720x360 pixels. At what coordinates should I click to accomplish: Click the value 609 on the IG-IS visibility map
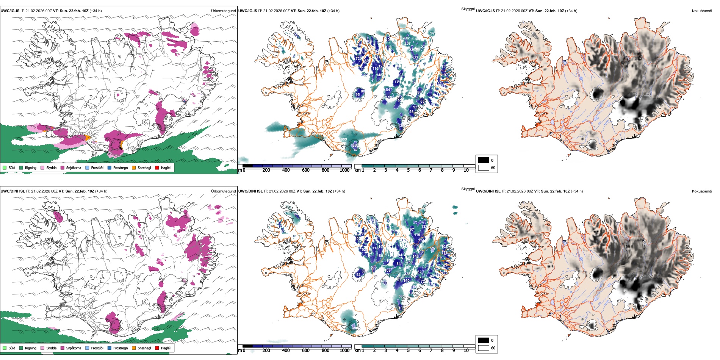pos(343,139)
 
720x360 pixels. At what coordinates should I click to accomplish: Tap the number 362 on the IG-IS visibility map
pos(355,145)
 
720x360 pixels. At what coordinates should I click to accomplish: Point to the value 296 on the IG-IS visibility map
pos(406,38)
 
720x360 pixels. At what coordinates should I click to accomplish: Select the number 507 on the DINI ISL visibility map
pos(432,249)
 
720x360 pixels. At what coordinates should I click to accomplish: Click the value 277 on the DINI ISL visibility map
pos(374,268)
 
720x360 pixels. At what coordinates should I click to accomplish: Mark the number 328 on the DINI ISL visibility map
pos(407,274)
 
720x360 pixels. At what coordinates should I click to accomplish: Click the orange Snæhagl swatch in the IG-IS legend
pos(134,167)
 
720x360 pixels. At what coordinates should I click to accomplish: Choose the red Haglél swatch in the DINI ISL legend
pos(157,348)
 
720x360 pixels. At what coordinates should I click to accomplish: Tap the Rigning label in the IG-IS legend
pos(31,167)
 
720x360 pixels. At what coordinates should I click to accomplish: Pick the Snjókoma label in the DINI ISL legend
pos(74,348)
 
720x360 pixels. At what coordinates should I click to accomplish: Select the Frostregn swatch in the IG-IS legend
pos(110,167)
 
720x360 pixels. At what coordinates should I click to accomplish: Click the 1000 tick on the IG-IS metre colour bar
pos(344,170)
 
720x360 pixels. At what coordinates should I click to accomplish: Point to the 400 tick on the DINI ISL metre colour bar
pos(286,351)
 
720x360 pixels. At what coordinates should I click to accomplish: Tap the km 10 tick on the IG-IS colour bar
pos(466,170)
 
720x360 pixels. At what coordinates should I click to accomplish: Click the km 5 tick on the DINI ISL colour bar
pos(409,351)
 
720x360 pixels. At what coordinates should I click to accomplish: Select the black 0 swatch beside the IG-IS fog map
pos(484,160)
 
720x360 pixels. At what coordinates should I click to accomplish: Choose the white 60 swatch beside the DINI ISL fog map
pos(484,348)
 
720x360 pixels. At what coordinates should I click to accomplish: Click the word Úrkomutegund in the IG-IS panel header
pos(223,11)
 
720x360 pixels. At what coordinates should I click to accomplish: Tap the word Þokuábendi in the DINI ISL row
pos(702,191)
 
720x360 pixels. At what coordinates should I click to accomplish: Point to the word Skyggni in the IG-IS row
pos(468,9)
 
